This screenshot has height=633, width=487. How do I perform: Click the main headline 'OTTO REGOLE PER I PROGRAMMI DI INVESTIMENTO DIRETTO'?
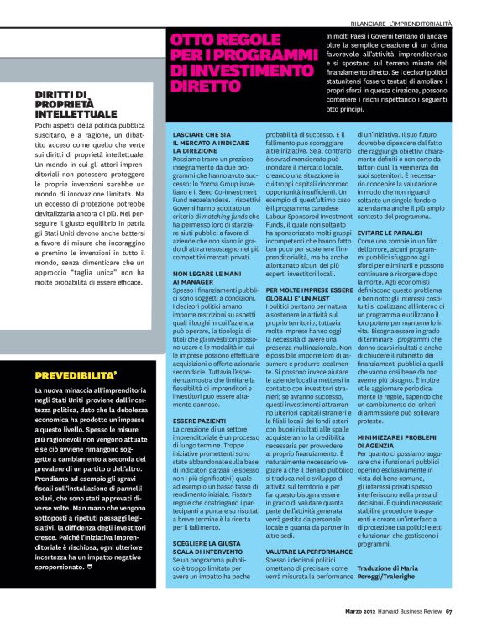(243, 63)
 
